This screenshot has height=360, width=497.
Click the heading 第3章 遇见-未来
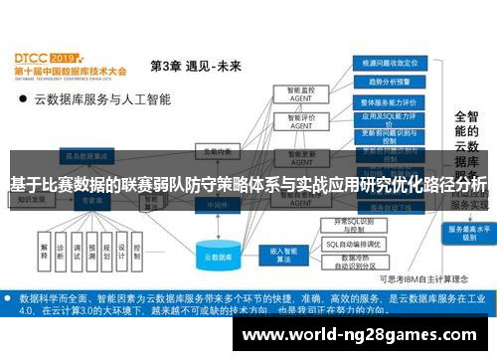pyautogui.click(x=195, y=67)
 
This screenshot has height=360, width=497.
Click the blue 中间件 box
pyautogui.click(x=212, y=203)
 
